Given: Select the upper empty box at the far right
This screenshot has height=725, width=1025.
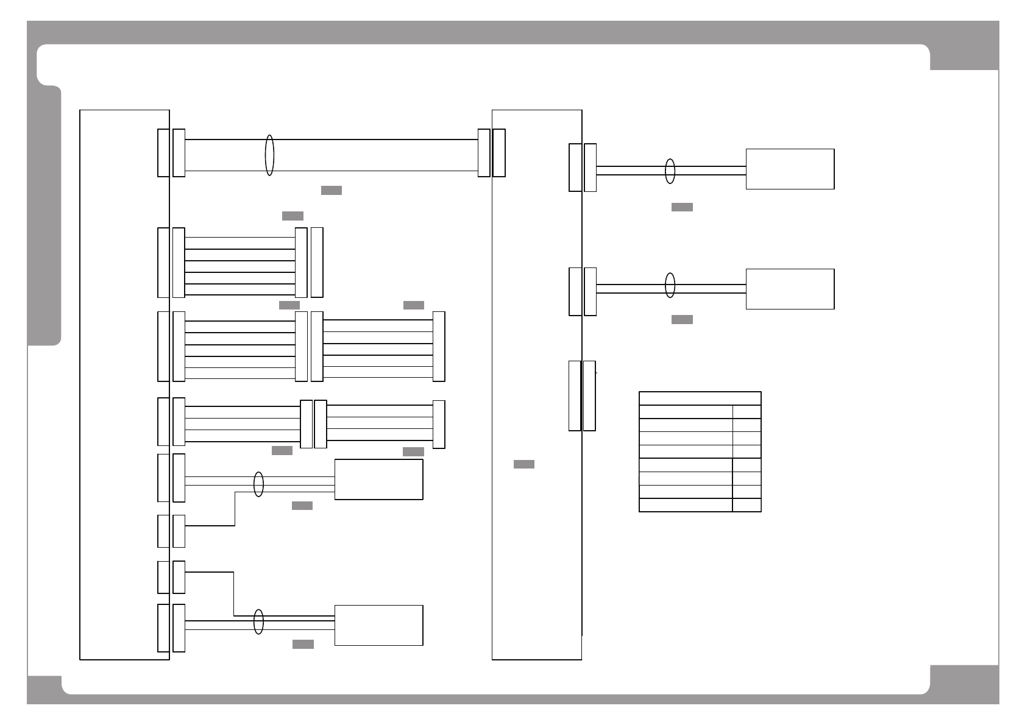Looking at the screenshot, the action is click(790, 169).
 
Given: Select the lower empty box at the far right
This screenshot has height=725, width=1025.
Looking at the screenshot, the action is click(790, 289).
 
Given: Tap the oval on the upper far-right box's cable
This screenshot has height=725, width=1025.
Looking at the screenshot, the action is click(670, 171).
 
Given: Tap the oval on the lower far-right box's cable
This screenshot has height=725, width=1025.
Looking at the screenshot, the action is click(670, 285).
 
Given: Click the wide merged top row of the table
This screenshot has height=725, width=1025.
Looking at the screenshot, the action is click(700, 398).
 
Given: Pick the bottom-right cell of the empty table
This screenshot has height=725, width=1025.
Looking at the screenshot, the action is click(747, 505).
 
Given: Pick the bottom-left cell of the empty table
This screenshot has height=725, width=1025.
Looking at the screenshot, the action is click(686, 505).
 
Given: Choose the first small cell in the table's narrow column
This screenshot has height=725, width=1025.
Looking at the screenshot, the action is click(747, 412).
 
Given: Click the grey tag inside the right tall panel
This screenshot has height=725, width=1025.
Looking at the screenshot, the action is click(524, 464).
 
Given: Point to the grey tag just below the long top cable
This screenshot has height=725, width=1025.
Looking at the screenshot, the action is click(332, 190).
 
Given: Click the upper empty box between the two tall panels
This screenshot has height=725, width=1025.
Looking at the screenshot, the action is click(378, 479).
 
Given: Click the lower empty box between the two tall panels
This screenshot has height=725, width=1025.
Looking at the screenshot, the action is click(378, 625).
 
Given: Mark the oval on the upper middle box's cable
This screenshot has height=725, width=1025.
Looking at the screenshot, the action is click(258, 484).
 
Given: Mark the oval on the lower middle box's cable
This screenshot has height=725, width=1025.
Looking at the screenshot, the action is click(258, 621).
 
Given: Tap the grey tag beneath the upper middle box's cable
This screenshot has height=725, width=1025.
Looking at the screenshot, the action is click(302, 506).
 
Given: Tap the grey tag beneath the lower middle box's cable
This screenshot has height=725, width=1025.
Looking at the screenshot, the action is click(303, 645).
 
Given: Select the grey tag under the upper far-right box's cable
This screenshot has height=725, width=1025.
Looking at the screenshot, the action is click(682, 207).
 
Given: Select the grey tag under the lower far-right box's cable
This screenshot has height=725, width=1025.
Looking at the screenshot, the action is click(682, 320).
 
